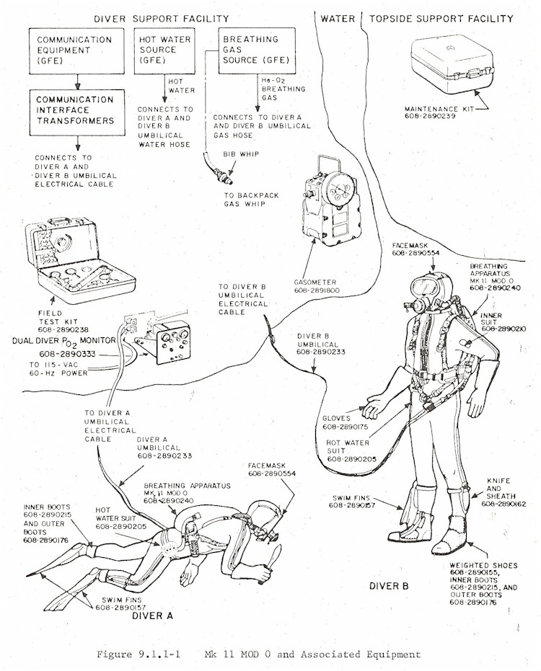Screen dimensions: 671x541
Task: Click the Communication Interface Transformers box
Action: [x=76, y=111]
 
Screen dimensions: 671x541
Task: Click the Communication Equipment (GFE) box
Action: [x=76, y=50]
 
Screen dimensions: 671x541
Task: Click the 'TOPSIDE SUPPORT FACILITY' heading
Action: [x=441, y=18]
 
